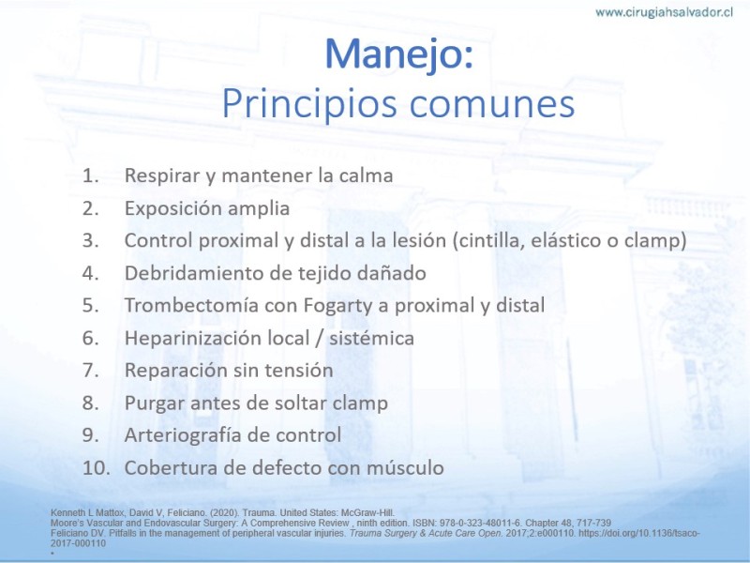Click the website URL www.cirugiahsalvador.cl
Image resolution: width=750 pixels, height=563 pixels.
[664, 12]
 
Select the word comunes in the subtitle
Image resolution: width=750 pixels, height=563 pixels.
[491, 105]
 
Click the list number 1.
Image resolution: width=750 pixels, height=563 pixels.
[90, 175]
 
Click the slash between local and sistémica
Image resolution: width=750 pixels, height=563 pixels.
[319, 339]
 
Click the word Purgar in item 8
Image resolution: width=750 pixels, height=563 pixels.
[155, 404]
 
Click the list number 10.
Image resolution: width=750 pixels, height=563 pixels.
[96, 468]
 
